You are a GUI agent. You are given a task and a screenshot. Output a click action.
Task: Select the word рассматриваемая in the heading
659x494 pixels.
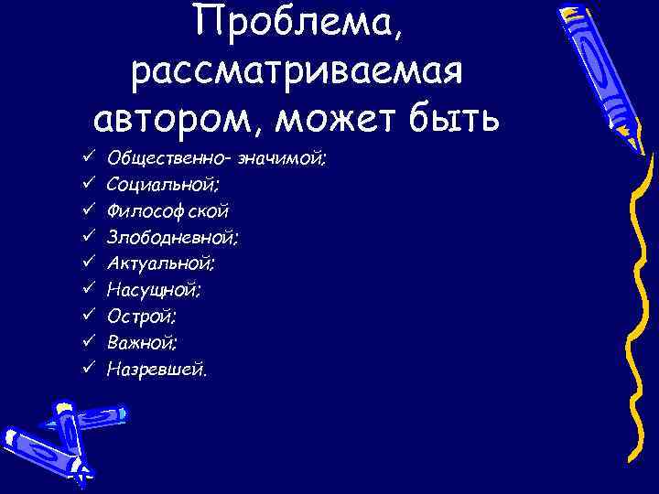pyautogui.click(x=297, y=71)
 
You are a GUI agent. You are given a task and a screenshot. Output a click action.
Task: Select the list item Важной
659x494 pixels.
pyautogui.click(x=142, y=344)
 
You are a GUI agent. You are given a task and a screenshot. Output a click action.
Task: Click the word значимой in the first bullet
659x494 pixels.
pyautogui.click(x=283, y=158)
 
